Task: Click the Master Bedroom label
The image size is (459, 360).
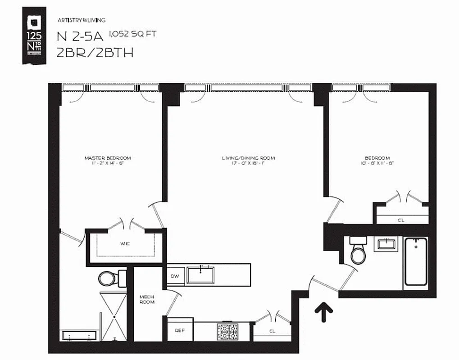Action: [x=108, y=158]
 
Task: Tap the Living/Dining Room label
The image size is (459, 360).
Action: [x=248, y=158]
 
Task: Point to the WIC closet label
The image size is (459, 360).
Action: [x=125, y=244]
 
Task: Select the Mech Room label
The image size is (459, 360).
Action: [x=147, y=299]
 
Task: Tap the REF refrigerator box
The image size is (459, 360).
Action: [x=180, y=330]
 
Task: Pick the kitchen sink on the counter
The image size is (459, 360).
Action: [x=201, y=274]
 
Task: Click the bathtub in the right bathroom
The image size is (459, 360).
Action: [x=415, y=261]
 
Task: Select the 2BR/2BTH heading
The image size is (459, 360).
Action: [x=95, y=53]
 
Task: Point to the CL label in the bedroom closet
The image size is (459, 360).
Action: [x=401, y=220]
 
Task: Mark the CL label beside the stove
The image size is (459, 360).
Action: [x=273, y=331]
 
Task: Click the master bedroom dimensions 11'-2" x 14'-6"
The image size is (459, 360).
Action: [x=108, y=164]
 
